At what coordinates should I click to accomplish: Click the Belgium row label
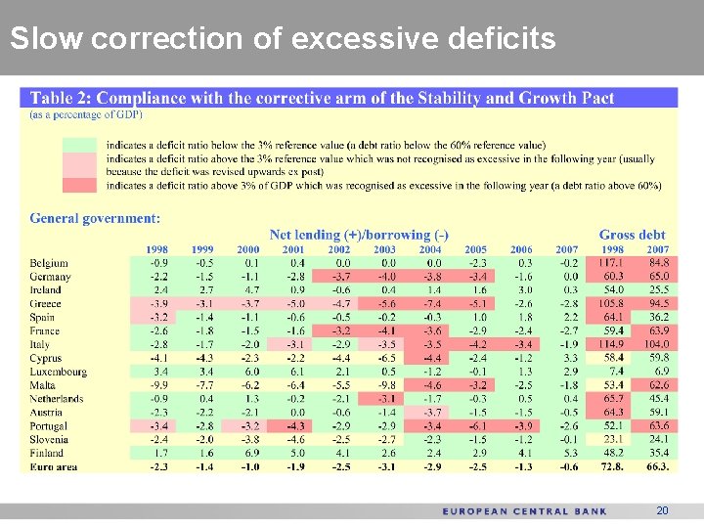49,263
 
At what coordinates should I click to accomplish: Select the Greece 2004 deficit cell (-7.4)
431,304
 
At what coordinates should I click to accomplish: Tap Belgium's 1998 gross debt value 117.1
612,263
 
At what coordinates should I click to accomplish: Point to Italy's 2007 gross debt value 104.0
657,345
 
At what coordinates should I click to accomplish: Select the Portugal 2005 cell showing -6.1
476,426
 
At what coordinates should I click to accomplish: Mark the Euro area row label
55,467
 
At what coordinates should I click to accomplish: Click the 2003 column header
384,250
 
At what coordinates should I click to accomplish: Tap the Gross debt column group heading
632,235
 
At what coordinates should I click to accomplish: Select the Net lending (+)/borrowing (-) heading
359,235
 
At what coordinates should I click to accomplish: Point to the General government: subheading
95,218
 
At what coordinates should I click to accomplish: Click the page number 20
663,510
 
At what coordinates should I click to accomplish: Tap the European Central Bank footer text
524,510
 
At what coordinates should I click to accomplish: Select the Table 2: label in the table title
62,98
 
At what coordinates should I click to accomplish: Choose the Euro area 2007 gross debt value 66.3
657,467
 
